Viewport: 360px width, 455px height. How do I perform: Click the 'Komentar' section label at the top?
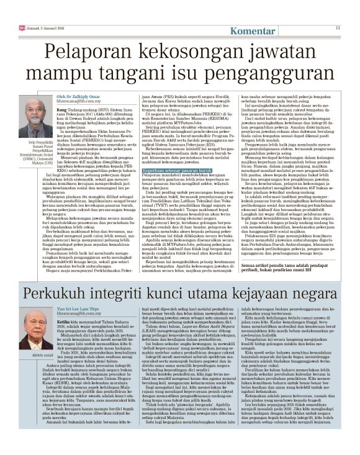(x=254, y=31)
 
